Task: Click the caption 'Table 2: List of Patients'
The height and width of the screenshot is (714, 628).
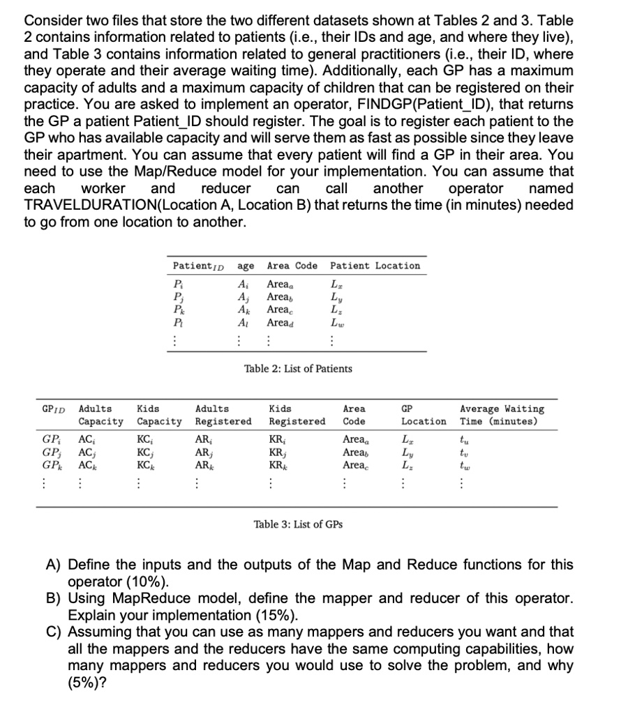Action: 298,368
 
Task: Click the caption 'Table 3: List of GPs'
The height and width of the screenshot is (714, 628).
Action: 298,524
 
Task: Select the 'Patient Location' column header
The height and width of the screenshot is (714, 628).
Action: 375,266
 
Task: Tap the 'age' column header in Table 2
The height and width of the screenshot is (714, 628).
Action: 245,266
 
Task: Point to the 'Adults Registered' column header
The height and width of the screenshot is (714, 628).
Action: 223,415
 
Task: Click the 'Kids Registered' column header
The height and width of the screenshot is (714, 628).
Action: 297,415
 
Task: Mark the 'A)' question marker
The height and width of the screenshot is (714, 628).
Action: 76,565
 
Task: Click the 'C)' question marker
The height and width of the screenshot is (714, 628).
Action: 76,632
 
